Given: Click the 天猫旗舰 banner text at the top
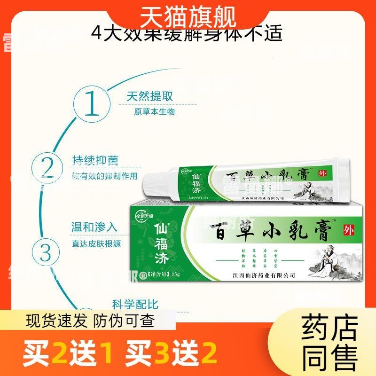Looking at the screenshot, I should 188,18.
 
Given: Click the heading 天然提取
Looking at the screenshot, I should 150,96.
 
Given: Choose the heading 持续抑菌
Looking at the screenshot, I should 95,161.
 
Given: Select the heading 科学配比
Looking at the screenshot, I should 135,304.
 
